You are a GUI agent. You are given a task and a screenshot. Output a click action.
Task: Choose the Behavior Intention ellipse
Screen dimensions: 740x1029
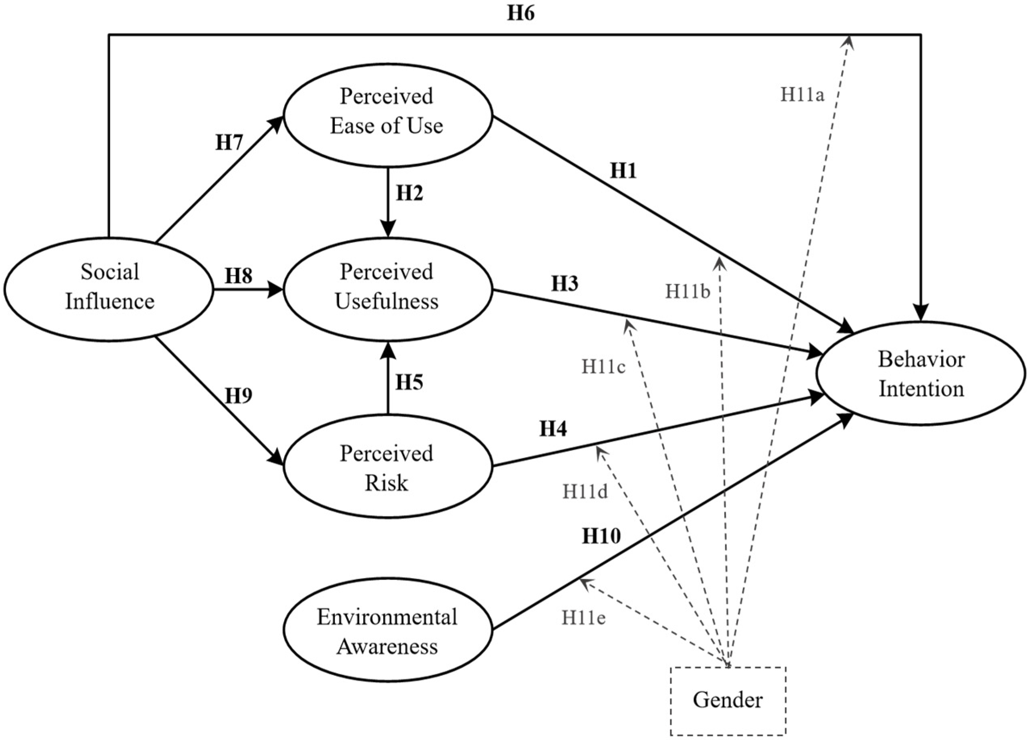921,374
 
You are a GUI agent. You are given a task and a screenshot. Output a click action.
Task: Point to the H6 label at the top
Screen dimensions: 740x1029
520,14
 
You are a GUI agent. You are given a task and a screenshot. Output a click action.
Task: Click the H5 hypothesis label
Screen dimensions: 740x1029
409,382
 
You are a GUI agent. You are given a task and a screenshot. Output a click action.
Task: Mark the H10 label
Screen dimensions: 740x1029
601,537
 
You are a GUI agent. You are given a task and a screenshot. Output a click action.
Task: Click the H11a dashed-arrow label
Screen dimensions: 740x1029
802,95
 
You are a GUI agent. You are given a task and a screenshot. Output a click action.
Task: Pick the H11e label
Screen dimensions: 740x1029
584,617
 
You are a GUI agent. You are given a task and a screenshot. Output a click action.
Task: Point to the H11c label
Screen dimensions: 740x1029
603,367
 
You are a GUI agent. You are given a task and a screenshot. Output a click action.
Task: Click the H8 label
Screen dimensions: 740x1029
239,275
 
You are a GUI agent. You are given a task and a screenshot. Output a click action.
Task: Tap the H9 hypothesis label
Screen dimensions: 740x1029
239,396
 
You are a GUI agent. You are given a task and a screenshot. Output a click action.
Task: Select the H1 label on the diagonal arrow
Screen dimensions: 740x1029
623,171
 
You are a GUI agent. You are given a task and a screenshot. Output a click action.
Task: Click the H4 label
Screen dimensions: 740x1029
553,428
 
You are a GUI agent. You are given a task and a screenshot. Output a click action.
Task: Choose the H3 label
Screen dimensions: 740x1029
564,284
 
